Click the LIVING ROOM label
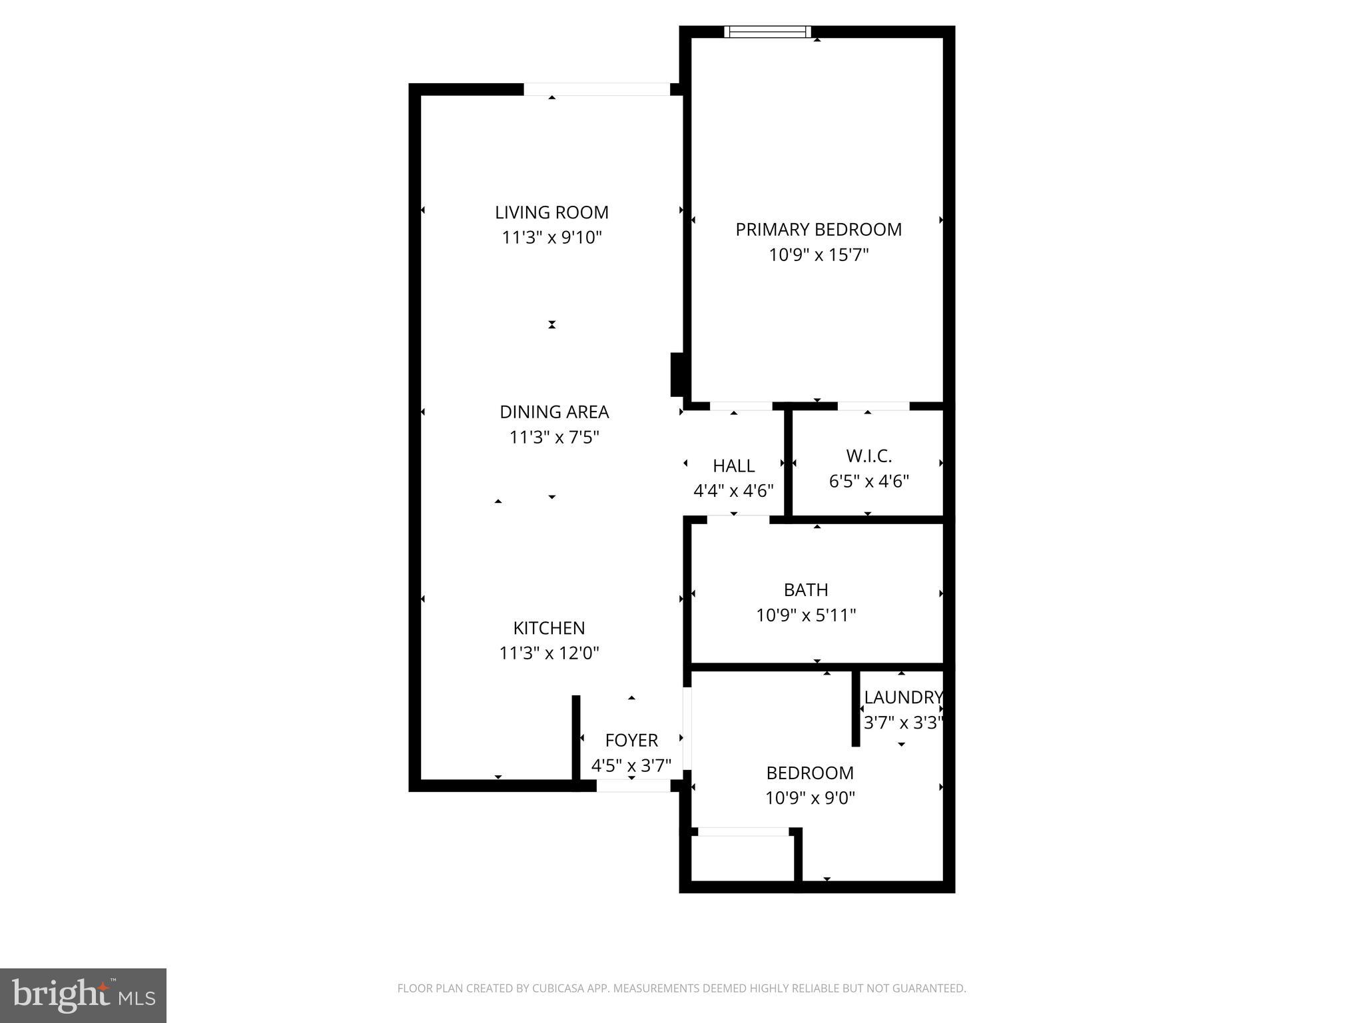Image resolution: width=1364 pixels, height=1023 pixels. (x=551, y=212)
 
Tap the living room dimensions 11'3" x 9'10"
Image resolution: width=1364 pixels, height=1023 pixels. (x=551, y=238)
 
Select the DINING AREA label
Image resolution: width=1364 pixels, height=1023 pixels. (x=554, y=412)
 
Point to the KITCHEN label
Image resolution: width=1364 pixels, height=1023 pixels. (x=549, y=628)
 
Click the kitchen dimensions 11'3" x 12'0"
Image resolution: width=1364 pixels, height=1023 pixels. (x=549, y=653)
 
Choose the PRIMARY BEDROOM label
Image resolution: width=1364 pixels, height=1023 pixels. (x=819, y=230)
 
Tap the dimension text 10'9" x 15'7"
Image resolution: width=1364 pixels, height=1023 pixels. (x=819, y=255)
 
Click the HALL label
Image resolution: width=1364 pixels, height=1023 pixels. (x=733, y=466)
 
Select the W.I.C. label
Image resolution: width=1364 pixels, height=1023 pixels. (x=868, y=456)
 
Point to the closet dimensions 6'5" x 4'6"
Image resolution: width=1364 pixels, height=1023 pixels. (x=868, y=482)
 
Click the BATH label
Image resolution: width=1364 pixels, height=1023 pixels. (x=806, y=590)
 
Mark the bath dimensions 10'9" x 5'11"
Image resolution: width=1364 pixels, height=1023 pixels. (x=806, y=615)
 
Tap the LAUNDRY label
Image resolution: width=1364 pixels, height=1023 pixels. (x=903, y=697)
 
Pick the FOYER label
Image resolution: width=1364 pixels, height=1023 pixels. (x=631, y=741)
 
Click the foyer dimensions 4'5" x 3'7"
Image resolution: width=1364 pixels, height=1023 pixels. (x=631, y=765)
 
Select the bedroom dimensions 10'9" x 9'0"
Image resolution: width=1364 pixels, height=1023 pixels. (x=810, y=798)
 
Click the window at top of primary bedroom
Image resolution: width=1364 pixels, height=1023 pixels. (x=768, y=31)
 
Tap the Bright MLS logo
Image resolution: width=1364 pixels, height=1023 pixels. (x=83, y=995)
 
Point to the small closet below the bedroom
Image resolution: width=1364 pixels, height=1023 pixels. (x=743, y=859)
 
